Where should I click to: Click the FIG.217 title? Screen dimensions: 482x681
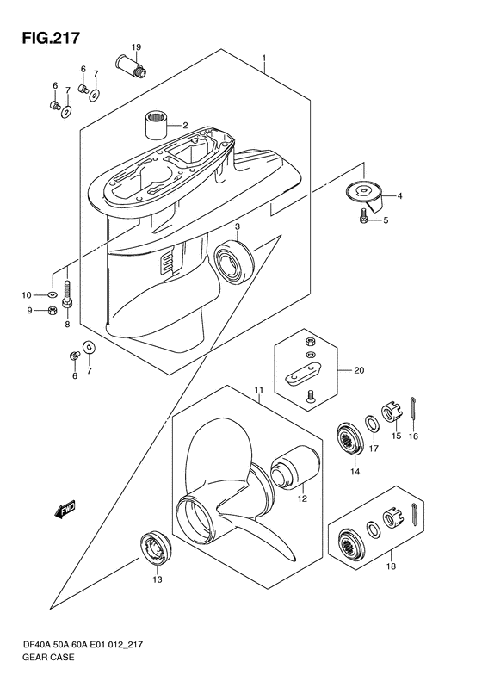point(52,38)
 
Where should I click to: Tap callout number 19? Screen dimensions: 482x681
point(136,46)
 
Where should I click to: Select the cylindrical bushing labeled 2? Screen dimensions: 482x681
point(156,124)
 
